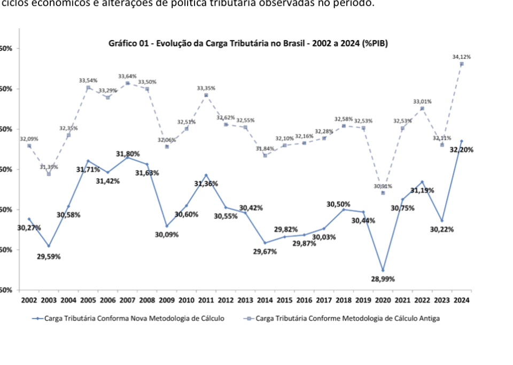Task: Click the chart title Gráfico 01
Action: [248, 44]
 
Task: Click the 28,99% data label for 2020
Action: [383, 279]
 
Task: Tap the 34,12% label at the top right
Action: [461, 57]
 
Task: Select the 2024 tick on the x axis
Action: [461, 300]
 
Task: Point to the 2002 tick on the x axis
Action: [29, 300]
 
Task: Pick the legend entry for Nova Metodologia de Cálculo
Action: [129, 319]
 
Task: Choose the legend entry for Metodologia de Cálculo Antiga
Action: [343, 319]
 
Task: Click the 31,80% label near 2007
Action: [128, 154]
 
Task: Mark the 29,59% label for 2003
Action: [49, 257]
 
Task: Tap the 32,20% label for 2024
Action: [462, 150]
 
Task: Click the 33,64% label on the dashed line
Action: [128, 76]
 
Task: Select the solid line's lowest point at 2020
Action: [383, 270]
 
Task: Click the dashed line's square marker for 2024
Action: [461, 64]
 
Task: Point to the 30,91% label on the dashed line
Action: [383, 187]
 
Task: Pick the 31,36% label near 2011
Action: [206, 184]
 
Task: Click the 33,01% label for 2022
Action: [422, 102]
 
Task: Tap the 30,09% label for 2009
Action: [167, 235]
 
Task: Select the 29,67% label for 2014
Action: [265, 252]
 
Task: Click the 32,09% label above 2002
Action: [29, 139]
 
